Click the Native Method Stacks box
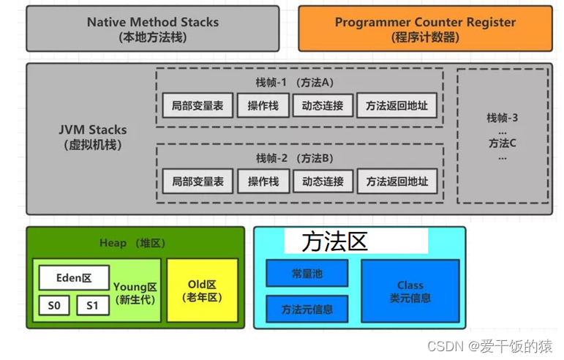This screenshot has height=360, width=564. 152,29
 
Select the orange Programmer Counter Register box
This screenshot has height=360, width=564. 425,29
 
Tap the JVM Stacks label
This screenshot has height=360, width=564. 93,137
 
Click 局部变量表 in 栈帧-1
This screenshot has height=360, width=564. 198,105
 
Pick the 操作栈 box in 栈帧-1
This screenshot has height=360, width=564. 263,105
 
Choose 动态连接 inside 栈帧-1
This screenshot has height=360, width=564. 323,105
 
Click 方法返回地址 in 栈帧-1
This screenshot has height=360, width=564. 396,105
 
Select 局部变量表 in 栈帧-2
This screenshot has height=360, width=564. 198,181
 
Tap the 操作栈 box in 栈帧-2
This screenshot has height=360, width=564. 263,181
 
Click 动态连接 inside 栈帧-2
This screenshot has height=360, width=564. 323,181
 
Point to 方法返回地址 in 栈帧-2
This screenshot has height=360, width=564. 396,181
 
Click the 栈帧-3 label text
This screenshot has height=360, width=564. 502,118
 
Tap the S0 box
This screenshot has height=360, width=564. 54,305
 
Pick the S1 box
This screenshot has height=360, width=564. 92,305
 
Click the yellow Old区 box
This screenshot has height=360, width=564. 202,290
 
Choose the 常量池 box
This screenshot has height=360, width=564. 307,274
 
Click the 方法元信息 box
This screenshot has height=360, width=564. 307,309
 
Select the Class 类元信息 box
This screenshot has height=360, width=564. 410,291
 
